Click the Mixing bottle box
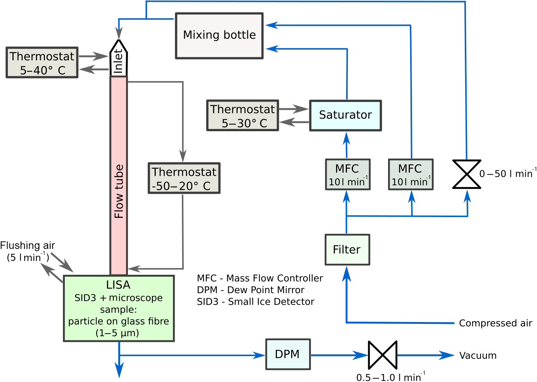pos(219,36)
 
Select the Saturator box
pos(345,115)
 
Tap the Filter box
pos(347,250)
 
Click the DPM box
pos(288,354)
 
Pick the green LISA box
pos(119,309)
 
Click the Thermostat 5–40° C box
pos(42,63)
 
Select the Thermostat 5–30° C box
pos(242,115)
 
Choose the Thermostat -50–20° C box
pos(184,178)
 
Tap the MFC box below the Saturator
pos(348,175)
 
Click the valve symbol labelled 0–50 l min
pos(467,174)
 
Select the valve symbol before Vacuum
pos(382,355)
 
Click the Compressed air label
pos(495,323)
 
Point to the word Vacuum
pos(478,355)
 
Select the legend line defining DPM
pos(250,290)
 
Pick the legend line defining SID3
pos(255,302)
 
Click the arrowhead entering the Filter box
pos(347,274)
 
